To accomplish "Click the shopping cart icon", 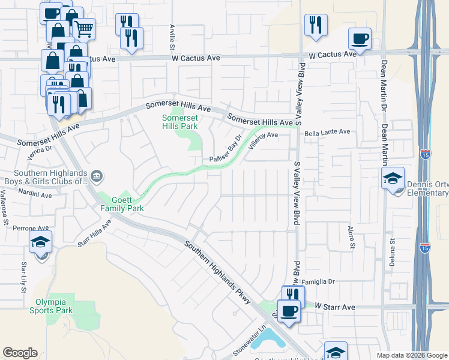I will tap(84, 28).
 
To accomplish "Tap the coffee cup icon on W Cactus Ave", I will tap(360, 39).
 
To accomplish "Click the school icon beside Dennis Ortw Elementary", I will tap(393, 178).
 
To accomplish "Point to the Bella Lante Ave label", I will tap(327, 132).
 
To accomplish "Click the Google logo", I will tap(20, 353).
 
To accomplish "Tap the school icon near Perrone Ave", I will tap(40, 242).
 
